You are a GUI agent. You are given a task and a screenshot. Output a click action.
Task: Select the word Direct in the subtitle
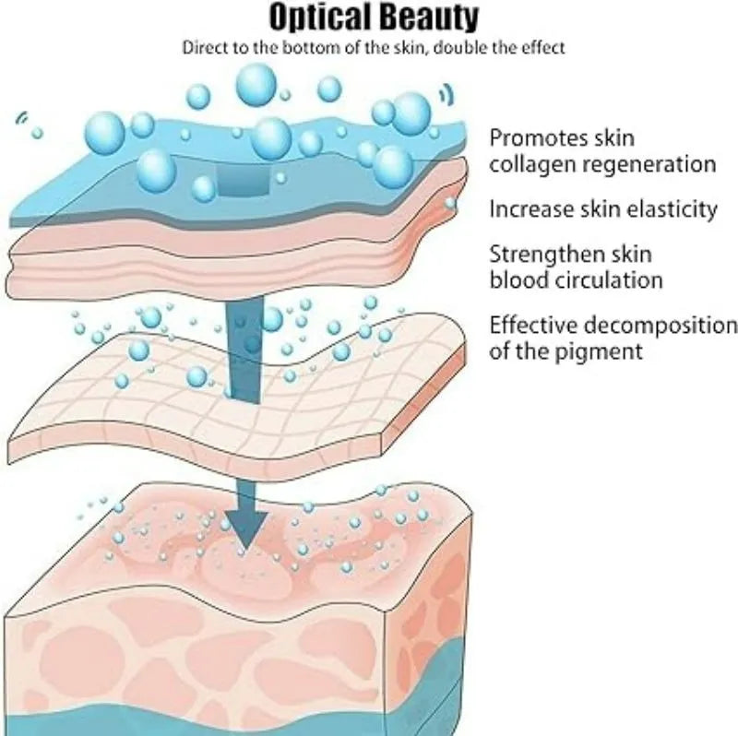(x=199, y=47)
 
